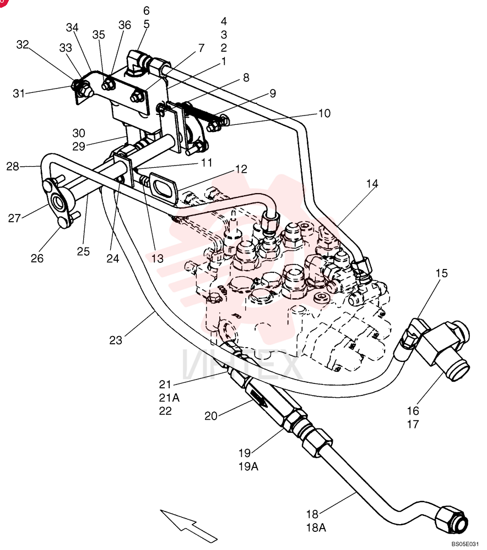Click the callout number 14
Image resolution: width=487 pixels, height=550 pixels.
click(372, 184)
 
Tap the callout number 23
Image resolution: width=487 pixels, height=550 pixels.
click(116, 340)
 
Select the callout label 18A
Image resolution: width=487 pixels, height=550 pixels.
click(316, 527)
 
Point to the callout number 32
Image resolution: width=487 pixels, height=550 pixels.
click(23, 45)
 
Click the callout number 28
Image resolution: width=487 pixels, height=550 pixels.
click(13, 166)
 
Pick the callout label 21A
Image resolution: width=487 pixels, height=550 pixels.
click(169, 398)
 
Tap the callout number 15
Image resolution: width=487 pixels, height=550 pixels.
click(442, 273)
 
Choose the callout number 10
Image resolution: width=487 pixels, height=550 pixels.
click(324, 113)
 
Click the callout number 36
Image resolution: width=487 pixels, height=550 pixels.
click(125, 25)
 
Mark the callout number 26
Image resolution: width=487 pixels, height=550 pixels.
click(37, 258)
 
